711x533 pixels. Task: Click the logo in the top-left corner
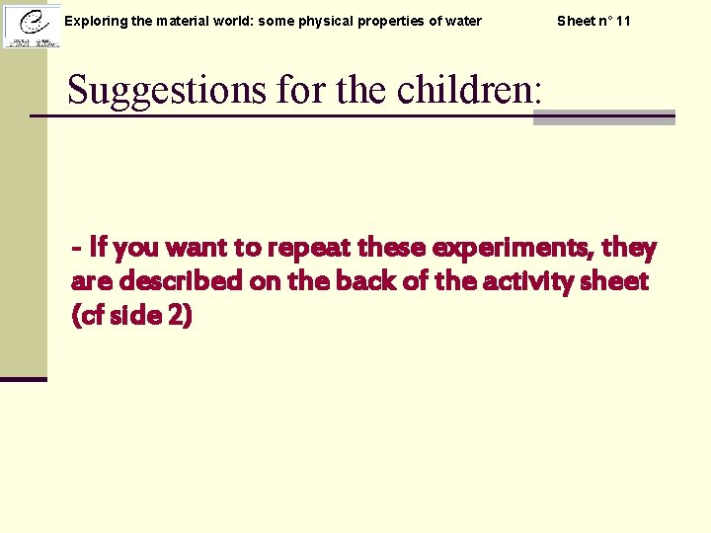31,25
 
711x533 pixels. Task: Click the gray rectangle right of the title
603,117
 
